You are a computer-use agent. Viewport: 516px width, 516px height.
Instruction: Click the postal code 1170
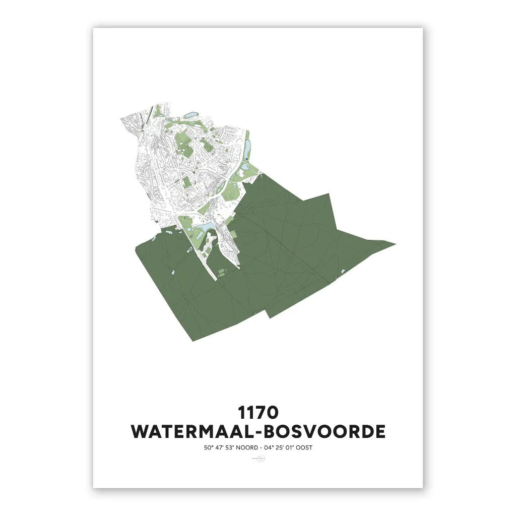click(x=258, y=412)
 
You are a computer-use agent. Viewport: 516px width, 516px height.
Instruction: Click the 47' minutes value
click(x=219, y=447)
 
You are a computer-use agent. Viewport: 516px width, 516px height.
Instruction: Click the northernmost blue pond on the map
click(x=190, y=115)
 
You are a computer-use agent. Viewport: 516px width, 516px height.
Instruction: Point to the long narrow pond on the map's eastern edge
click(x=247, y=146)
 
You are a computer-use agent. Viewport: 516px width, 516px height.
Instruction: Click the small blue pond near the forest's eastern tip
click(x=343, y=272)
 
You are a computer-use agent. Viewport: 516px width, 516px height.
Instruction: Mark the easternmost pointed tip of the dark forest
click(x=395, y=244)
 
